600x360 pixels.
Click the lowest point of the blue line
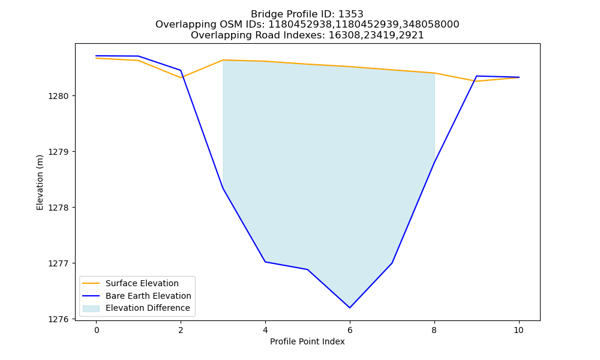point(350,308)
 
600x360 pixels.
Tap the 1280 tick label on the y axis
point(59,96)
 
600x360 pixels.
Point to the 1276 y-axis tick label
point(59,319)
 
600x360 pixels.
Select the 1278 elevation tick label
point(59,208)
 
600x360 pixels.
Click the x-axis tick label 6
point(350,330)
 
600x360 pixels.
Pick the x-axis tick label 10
point(518,330)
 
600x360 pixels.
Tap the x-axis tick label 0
point(97,330)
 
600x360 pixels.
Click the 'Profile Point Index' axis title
point(307,341)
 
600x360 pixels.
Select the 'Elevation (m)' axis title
point(40,182)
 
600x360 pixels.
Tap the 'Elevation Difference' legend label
point(148,308)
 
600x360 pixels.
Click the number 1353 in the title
point(351,14)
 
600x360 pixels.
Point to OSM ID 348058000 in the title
point(431,25)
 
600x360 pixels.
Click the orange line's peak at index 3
point(223,60)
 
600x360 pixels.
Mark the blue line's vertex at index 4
point(265,262)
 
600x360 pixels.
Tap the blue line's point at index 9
point(476,76)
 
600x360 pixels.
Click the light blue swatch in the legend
point(91,308)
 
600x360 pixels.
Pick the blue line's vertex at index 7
point(392,263)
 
